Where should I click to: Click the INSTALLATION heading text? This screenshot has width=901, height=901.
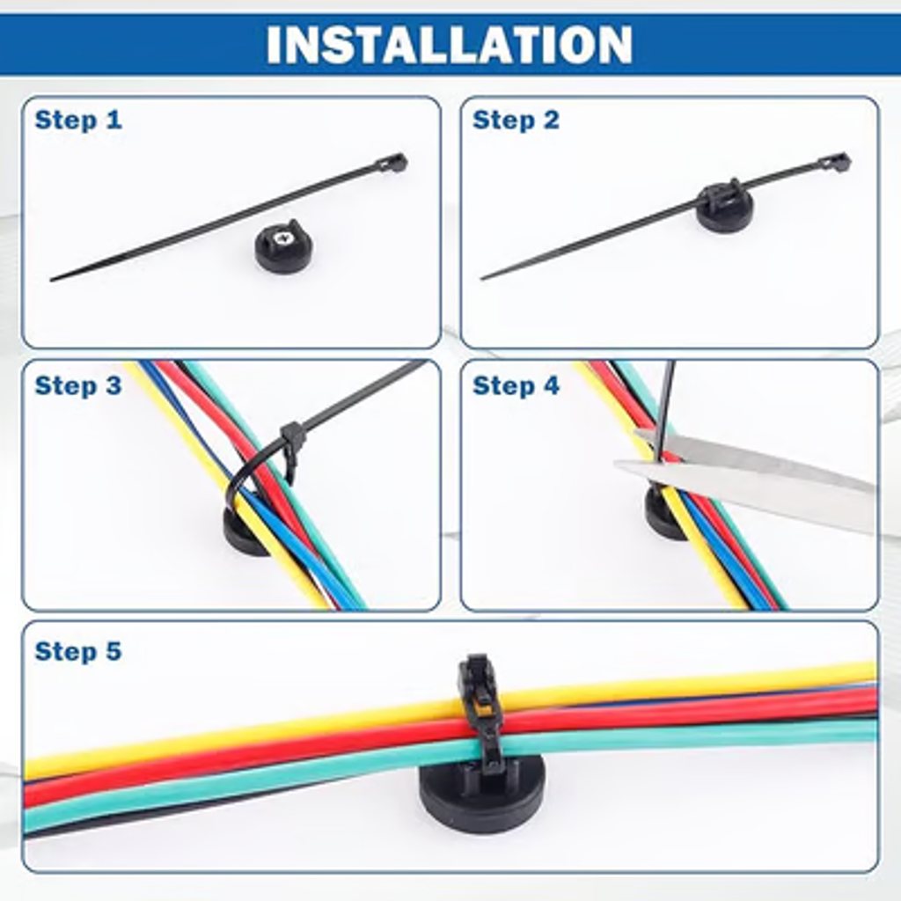coord(450,44)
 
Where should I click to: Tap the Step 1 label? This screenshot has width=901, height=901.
coord(78,120)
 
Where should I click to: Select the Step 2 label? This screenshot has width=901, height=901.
coord(516,120)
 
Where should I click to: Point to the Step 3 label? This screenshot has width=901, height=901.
coord(78,385)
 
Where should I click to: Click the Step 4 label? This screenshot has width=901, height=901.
coord(516,385)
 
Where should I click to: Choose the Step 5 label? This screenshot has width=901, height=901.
coord(78,651)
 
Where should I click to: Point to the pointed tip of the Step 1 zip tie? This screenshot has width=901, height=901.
coord(52,279)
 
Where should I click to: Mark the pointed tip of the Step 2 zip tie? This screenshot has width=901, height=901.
coord(482,279)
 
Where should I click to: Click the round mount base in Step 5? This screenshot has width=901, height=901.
coord(482,794)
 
